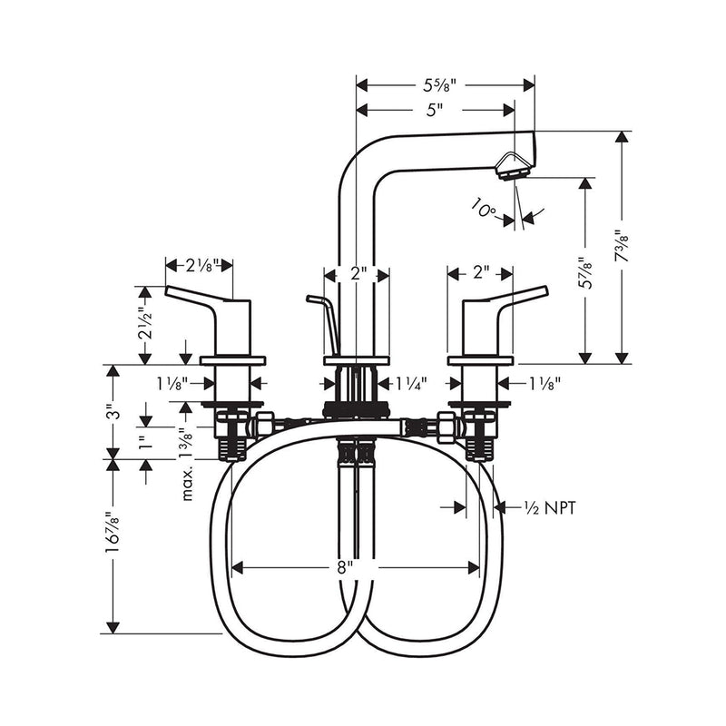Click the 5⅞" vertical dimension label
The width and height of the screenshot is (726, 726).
point(587,270)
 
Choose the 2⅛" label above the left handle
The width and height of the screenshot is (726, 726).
point(200,266)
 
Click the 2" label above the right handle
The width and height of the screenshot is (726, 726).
point(481,271)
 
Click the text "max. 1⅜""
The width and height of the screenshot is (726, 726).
point(189,464)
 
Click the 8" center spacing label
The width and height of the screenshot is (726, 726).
point(344,568)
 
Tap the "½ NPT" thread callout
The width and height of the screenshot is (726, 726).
point(548,508)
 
